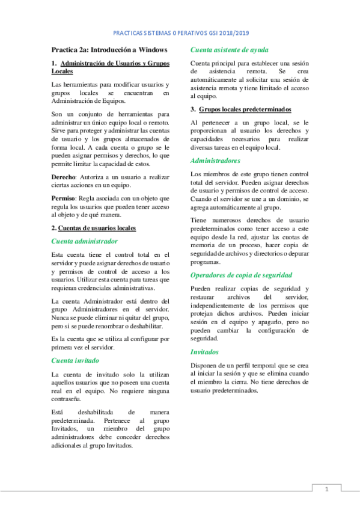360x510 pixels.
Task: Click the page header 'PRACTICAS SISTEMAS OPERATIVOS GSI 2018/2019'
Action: tap(181, 34)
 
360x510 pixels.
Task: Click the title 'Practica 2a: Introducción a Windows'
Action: tap(109, 49)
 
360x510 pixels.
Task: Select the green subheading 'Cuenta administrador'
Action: tap(84, 241)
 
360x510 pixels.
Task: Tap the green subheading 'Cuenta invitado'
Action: tap(76, 360)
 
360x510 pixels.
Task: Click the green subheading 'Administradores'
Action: tap(215, 161)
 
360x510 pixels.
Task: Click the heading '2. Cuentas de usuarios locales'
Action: tap(93, 228)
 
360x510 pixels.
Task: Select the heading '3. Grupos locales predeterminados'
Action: tap(233, 109)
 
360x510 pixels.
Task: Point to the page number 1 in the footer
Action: tap(326, 489)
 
